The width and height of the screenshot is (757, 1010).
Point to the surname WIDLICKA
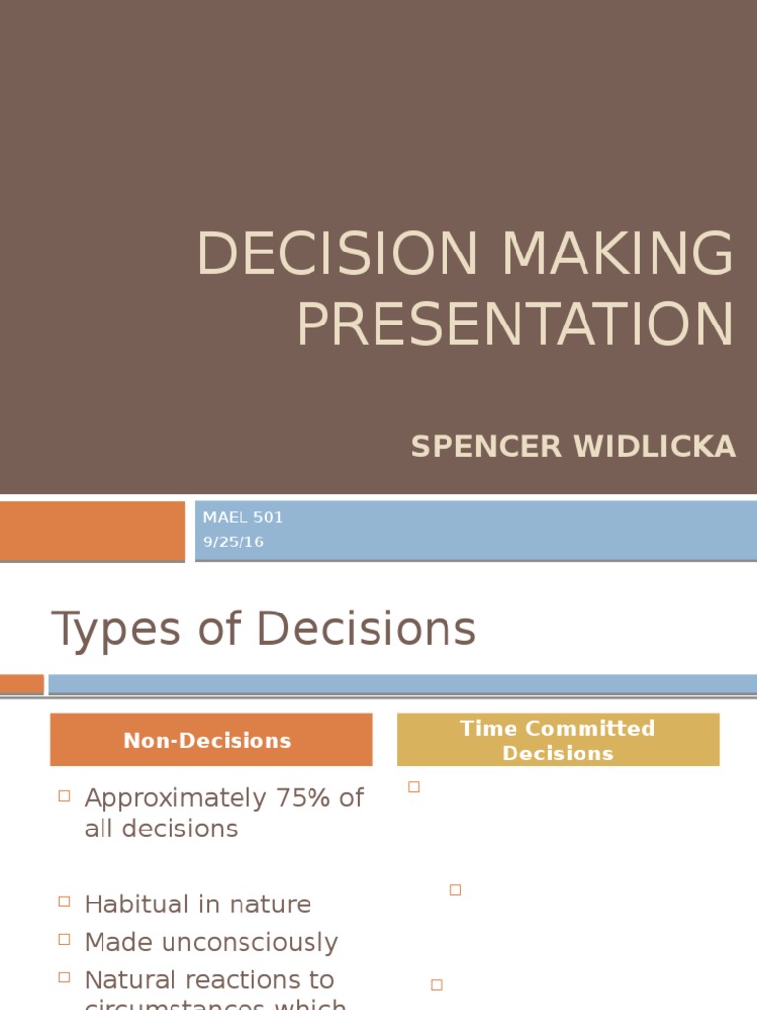[x=655, y=447]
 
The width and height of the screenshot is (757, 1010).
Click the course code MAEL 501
[x=242, y=517]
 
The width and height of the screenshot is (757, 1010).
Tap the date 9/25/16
[x=234, y=541]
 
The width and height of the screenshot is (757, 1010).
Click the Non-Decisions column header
[x=207, y=740]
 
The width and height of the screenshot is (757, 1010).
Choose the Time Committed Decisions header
[x=557, y=740]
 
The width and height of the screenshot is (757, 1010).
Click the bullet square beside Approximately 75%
[x=64, y=796]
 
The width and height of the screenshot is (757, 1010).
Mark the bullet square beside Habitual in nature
[x=64, y=902]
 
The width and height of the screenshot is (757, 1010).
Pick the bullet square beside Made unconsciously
[x=64, y=939]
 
